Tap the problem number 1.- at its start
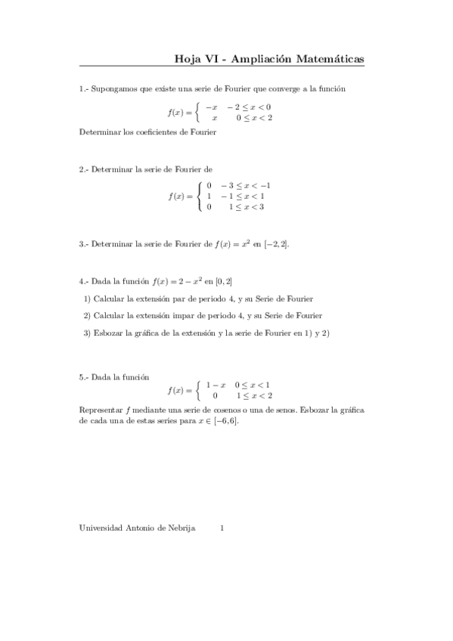tap(83, 89)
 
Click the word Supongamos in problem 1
tap(112, 89)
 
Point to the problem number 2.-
tap(83, 170)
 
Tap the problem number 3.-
tap(83, 244)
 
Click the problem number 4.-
tap(83, 282)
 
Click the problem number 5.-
tap(83, 376)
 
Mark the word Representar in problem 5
tap(101, 410)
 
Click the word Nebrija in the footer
tap(181, 528)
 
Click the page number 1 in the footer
tap(222, 528)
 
